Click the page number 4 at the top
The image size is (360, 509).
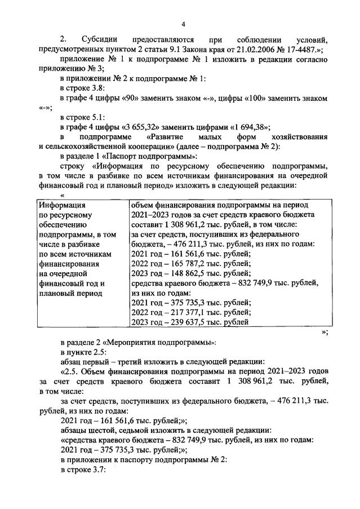[x=183, y=24]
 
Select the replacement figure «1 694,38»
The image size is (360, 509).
[x=246, y=127]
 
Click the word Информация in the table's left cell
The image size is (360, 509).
[x=61, y=205]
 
